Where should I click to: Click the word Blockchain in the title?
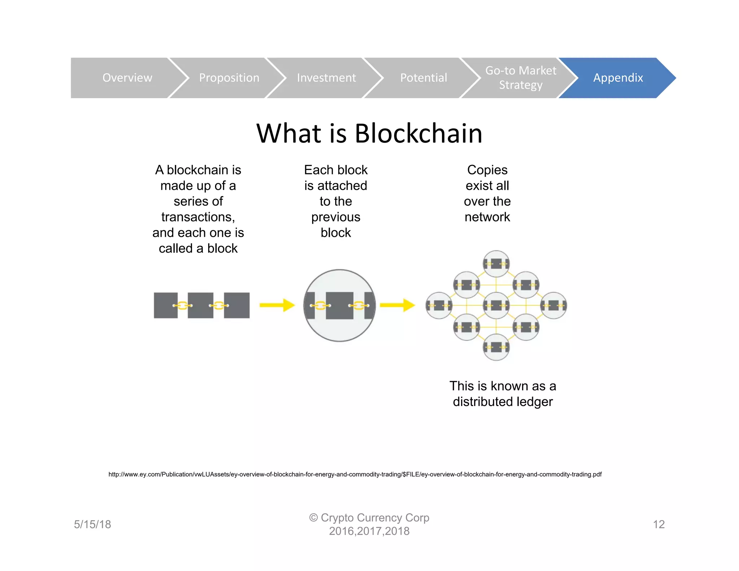(x=418, y=134)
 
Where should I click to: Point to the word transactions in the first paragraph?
(x=198, y=217)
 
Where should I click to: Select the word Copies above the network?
(x=487, y=170)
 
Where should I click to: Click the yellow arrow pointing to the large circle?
(x=277, y=305)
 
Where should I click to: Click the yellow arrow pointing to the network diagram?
(x=397, y=305)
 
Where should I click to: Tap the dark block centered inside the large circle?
(x=339, y=305)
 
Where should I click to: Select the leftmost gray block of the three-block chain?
(x=166, y=305)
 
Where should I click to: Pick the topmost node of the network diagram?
(x=496, y=264)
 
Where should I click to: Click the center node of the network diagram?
(x=496, y=305)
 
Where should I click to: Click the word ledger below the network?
(x=534, y=402)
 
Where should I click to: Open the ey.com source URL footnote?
(x=355, y=474)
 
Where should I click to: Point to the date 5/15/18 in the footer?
(x=92, y=524)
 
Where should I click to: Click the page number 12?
(x=659, y=524)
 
